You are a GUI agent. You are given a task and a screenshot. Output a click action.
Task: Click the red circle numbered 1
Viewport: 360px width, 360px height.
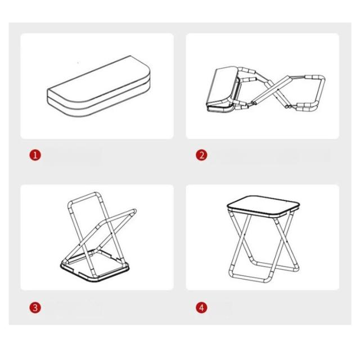point(35,155)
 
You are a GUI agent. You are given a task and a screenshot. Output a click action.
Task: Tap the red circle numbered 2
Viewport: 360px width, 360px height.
point(201,155)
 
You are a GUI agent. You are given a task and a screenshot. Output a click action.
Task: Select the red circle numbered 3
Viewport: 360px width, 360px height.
point(35,308)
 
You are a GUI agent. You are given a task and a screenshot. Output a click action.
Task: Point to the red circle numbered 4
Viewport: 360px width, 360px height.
point(201,308)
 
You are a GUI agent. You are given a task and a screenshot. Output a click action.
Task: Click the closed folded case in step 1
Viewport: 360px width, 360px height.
point(99,86)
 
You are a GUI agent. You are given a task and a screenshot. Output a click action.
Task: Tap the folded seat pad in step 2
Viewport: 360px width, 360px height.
point(222,89)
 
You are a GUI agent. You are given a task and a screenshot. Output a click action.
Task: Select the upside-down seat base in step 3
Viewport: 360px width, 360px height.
point(94,266)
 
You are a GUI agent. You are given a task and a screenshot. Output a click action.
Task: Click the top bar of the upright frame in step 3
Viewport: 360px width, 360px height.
point(84,197)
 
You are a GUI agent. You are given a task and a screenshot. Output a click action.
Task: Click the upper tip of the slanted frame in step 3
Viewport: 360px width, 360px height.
point(133,211)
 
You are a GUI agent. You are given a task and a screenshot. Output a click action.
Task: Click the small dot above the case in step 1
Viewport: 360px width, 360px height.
point(78,62)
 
